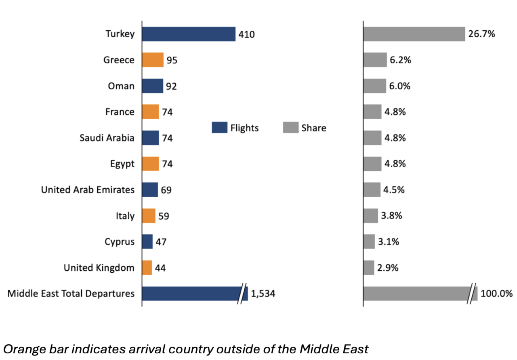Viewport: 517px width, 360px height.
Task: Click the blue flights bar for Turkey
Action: click(x=189, y=34)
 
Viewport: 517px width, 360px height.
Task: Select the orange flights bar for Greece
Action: click(x=153, y=60)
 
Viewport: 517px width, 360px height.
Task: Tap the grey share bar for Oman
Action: click(x=374, y=86)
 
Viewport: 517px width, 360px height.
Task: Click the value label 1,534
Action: click(x=263, y=293)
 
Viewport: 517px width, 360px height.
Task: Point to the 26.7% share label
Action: click(x=481, y=34)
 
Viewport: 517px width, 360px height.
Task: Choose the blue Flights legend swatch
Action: click(x=219, y=128)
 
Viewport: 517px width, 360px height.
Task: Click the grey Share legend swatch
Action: click(x=290, y=128)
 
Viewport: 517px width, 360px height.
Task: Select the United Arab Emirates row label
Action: click(x=88, y=189)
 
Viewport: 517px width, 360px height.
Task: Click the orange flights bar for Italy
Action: click(x=149, y=216)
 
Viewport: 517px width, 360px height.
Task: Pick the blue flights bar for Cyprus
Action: click(x=147, y=242)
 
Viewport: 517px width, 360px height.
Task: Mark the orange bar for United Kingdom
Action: click(x=147, y=267)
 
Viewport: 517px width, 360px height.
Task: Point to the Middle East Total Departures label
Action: click(x=71, y=293)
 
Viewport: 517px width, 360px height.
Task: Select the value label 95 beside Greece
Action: click(x=172, y=60)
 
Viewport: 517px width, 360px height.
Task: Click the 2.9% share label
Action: click(x=388, y=267)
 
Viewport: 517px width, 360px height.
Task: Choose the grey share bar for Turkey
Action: click(x=414, y=34)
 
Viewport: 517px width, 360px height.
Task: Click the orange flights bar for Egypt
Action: click(x=151, y=164)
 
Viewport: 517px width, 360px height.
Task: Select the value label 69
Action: click(x=166, y=190)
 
